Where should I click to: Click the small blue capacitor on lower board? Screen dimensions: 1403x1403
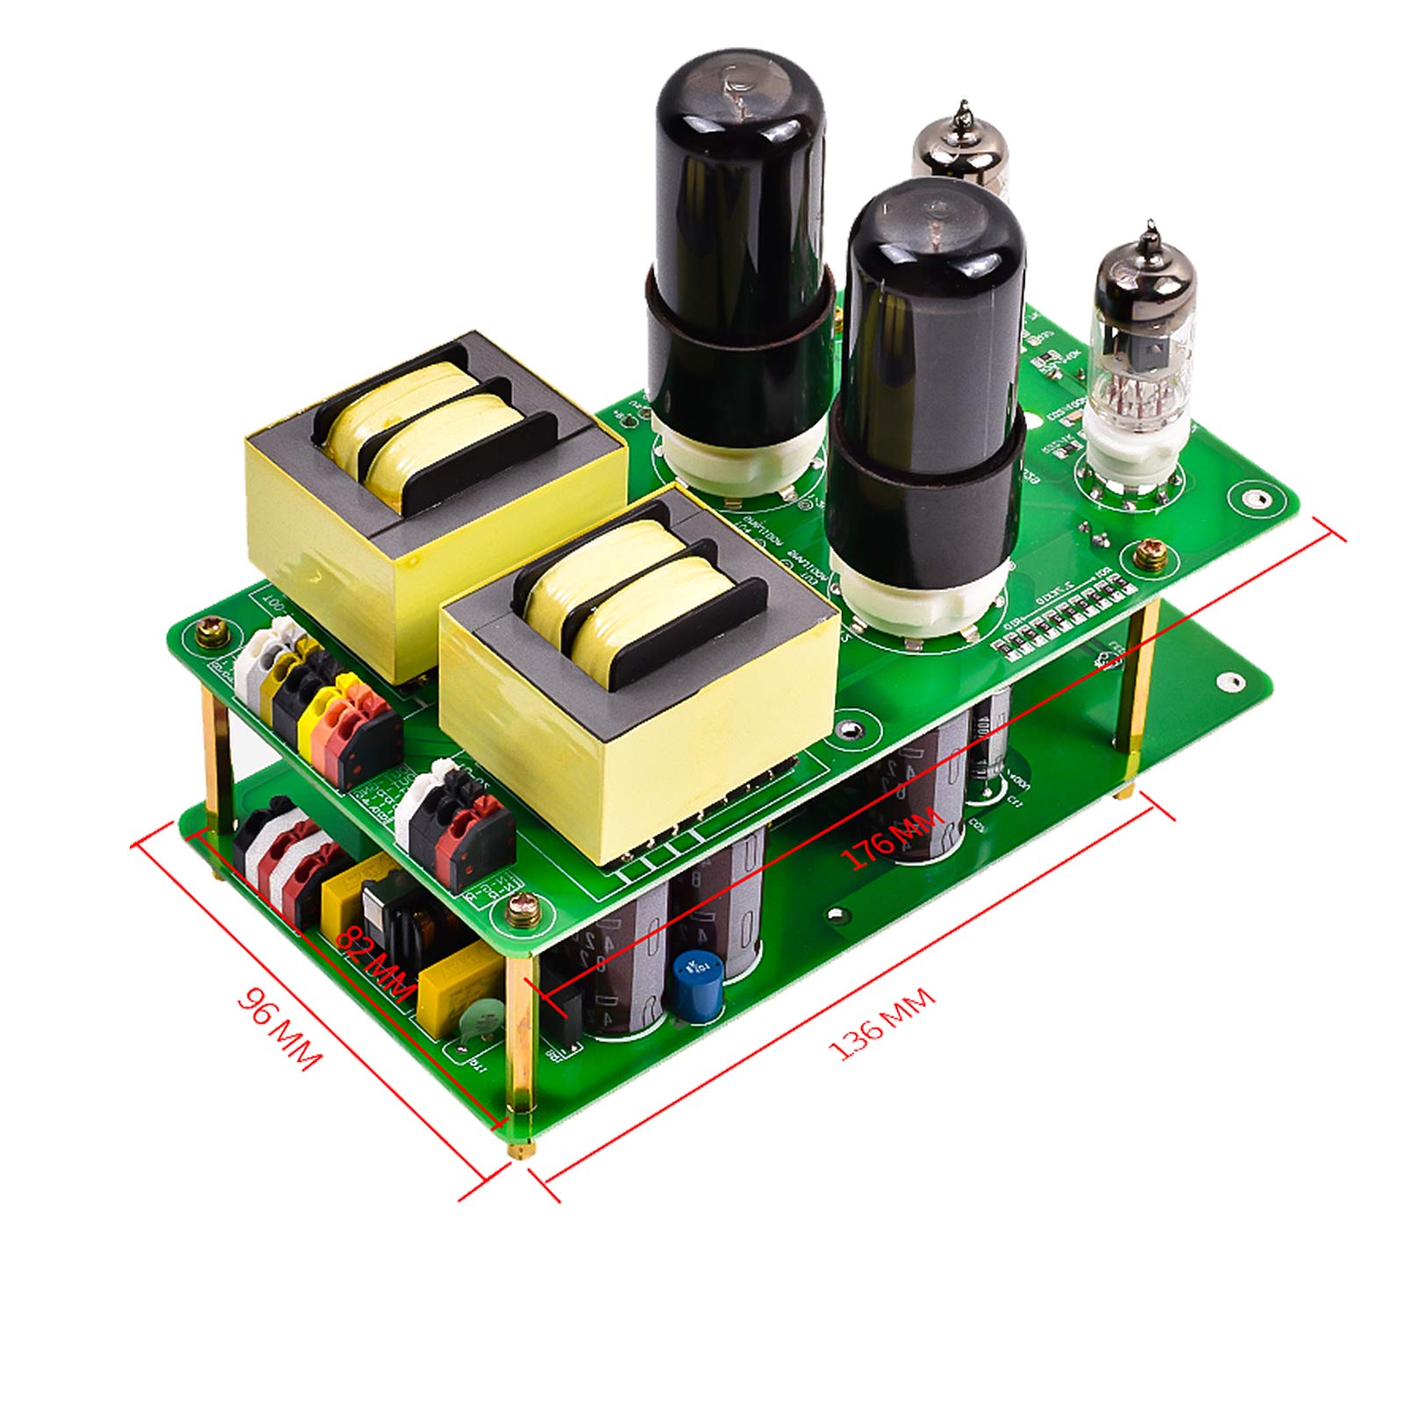pyautogui.click(x=697, y=987)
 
